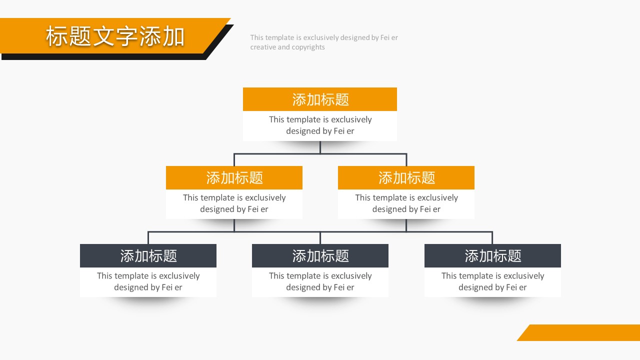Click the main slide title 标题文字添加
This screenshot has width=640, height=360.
coord(115,36)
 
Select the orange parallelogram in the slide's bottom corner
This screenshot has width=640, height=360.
coord(578,332)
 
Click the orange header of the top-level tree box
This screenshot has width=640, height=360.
coord(319,99)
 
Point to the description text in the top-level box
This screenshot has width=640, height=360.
coord(320,125)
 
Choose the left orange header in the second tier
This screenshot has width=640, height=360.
coord(234,177)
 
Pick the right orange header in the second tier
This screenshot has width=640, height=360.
coord(406,177)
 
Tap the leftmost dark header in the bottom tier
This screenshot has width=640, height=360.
coord(148,255)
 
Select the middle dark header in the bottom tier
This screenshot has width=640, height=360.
coord(320,255)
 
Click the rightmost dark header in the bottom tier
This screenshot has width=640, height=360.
coord(492,255)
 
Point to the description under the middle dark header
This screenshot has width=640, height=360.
coord(320,281)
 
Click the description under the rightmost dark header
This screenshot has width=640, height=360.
coord(492,281)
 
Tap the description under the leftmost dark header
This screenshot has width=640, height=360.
coord(148,281)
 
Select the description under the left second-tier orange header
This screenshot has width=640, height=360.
coord(234,203)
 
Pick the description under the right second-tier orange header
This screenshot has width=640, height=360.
coord(406,203)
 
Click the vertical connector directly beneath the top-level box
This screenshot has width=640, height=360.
coord(320,147)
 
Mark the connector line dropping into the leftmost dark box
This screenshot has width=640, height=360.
coord(148,237)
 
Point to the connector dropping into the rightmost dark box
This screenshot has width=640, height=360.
coord(492,237)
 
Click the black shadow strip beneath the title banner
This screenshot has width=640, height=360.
coord(103,56)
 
